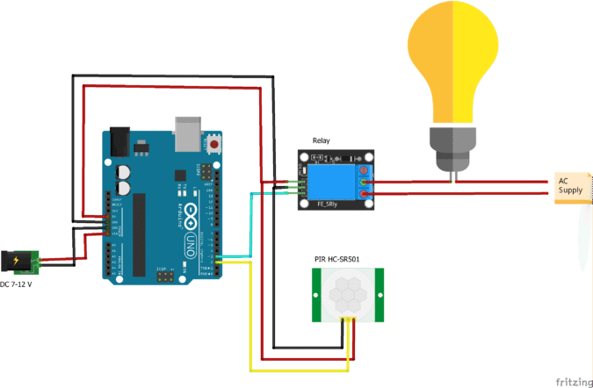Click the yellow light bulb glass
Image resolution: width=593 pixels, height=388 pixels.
click(x=452, y=66)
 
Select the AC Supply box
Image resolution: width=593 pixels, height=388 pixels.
click(x=571, y=188)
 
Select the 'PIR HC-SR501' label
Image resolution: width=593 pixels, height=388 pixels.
click(x=337, y=259)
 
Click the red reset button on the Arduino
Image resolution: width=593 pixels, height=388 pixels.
click(x=214, y=143)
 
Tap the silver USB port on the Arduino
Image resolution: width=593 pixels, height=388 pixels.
click(x=187, y=131)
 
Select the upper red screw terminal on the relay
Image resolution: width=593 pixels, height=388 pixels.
click(x=364, y=183)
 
